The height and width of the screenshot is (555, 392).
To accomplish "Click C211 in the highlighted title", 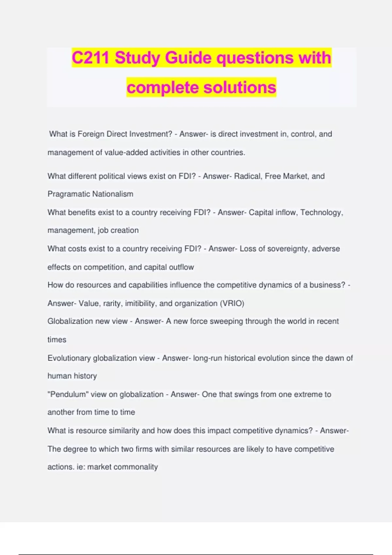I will coord(90,58).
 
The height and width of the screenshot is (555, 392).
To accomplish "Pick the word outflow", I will coord(181,267).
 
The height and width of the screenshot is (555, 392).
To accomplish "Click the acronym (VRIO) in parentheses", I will coord(232,304).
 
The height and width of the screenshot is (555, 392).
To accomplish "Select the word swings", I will coord(246,394).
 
